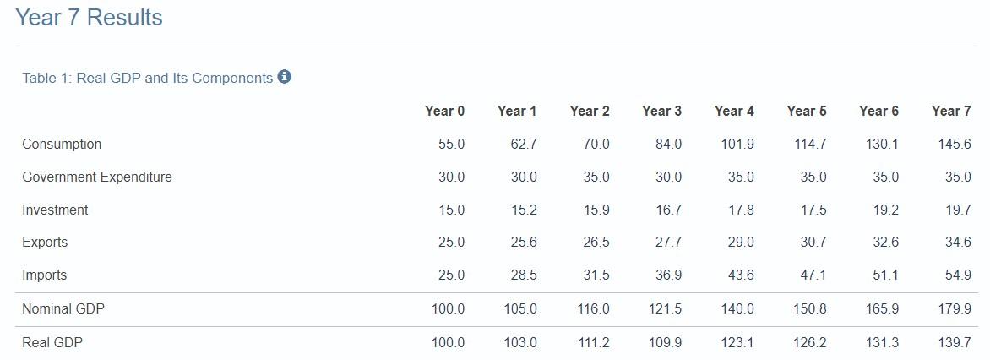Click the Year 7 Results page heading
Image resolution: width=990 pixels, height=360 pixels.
pos(89,18)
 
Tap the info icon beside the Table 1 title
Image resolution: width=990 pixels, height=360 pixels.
pos(284,77)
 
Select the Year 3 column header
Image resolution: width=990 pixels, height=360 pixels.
pos(661,112)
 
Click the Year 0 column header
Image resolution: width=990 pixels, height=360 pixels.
pos(444,112)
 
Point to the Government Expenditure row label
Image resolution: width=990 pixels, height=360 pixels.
pos(96,177)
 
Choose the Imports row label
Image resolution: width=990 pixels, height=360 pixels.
pos(44,275)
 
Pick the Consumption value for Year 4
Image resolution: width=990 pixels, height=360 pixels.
pos(737,144)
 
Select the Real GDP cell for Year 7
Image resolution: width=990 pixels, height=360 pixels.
pos(954,343)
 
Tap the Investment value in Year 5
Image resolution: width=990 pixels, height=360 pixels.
pos(813,210)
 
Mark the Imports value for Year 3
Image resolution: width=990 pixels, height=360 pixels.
pos(668,275)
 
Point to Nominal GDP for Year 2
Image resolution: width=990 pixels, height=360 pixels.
pos(593,309)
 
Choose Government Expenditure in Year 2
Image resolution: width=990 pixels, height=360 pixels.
pos(596,177)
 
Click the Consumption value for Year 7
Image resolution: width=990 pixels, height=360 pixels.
pos(954,144)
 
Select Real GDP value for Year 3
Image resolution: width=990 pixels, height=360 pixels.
pos(665,343)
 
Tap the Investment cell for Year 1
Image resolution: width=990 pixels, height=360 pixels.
pos(524,210)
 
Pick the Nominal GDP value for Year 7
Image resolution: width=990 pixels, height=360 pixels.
pos(954,309)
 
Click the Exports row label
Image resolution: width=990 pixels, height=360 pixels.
pos(45,243)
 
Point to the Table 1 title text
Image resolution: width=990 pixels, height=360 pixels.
pos(147,78)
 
